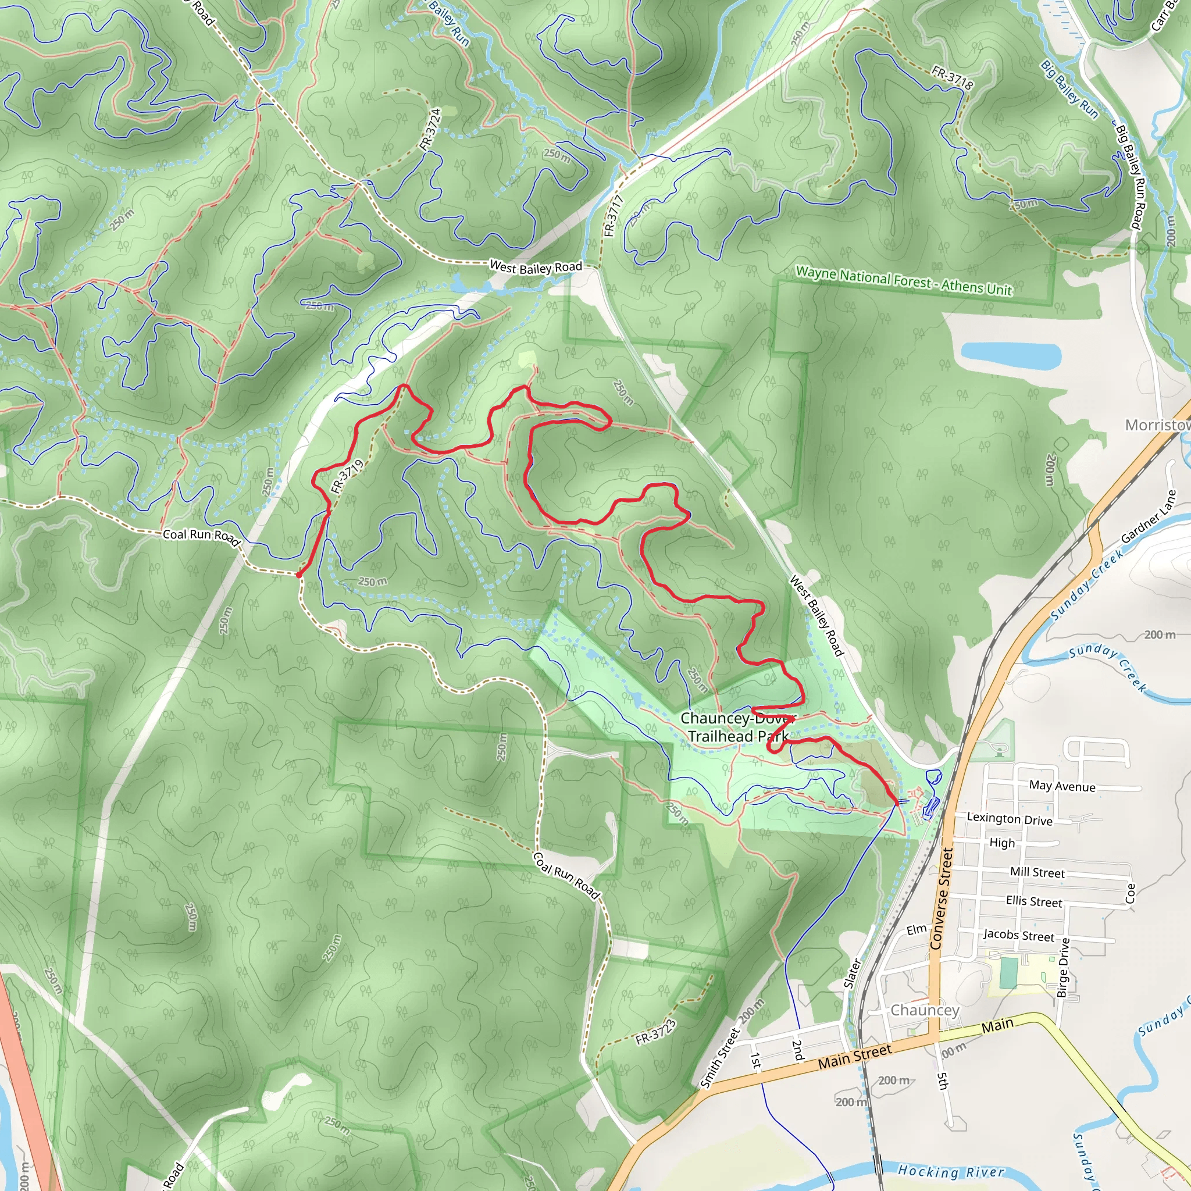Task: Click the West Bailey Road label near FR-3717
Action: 535,267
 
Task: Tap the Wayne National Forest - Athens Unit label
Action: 903,280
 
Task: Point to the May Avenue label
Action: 1061,786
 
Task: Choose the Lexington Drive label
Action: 1009,819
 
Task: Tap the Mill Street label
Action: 1037,872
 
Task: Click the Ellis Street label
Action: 1034,901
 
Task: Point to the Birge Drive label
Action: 1064,967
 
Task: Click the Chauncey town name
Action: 925,1010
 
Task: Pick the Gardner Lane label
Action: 1149,516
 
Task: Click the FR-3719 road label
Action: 347,476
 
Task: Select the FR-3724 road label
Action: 430,129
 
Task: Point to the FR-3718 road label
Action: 952,78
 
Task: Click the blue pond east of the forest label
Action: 1010,356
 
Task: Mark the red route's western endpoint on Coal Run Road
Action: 298,575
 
